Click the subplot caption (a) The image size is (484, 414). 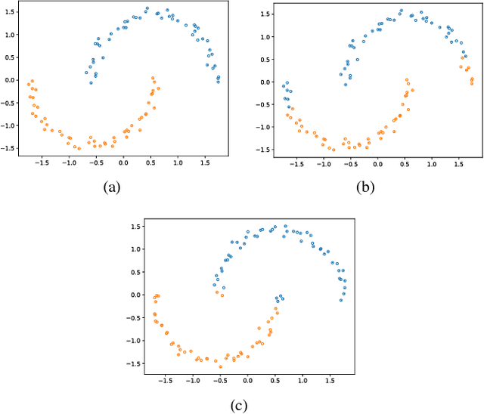[x=116, y=188]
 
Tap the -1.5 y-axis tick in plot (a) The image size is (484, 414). [x=6, y=149]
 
